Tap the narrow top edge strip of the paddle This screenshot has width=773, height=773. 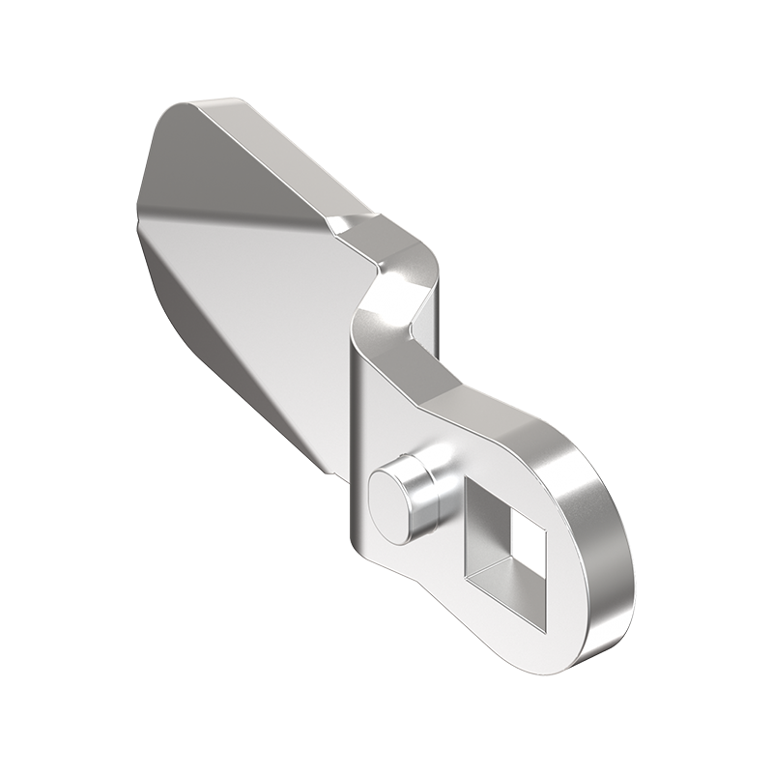[x=280, y=155]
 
